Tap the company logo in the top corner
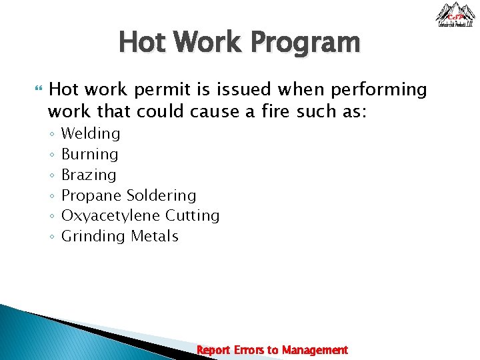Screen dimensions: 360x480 tap(455, 15)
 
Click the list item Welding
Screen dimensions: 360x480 tap(91, 134)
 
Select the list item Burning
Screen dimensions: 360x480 tap(89, 155)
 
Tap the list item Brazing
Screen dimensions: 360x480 tap(89, 175)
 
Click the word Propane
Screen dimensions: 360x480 tap(91, 195)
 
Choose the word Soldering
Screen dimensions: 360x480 tap(161, 195)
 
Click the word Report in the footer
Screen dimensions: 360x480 tap(213, 350)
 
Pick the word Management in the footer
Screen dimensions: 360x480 tap(315, 350)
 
